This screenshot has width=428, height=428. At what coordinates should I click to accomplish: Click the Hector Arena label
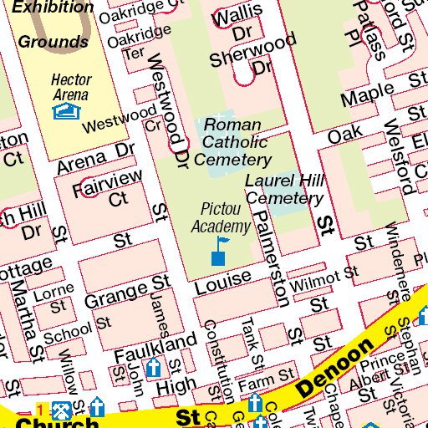pyautogui.click(x=71, y=88)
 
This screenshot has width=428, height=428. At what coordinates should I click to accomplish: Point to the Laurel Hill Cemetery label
pyautogui.click(x=284, y=190)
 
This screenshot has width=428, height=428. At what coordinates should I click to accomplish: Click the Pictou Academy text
pyautogui.click(x=221, y=217)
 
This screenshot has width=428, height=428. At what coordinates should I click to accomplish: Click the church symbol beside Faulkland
pyautogui.click(x=153, y=368)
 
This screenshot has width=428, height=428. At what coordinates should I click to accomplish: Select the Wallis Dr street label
pyautogui.click(x=234, y=25)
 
